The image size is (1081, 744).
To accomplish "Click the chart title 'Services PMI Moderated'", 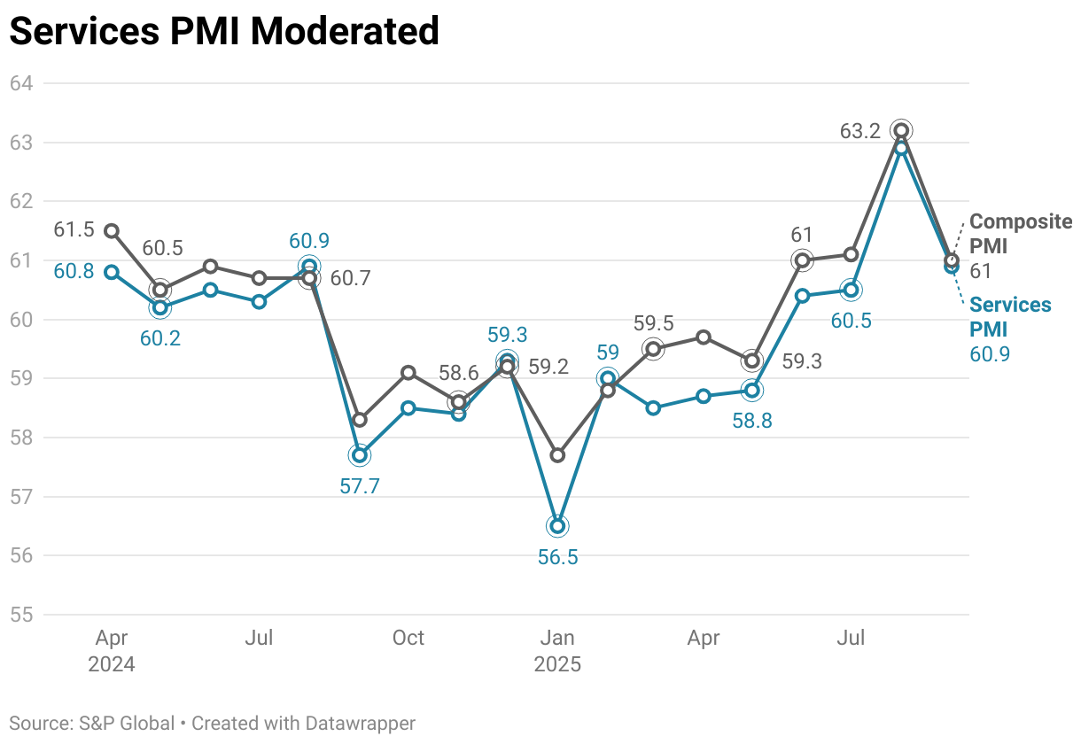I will pyautogui.click(x=224, y=31).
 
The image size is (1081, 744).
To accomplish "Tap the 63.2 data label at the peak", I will pyautogui.click(x=860, y=131).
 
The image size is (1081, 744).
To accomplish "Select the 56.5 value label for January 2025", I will pyautogui.click(x=557, y=557).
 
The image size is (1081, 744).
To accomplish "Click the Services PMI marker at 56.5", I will pyautogui.click(x=557, y=526).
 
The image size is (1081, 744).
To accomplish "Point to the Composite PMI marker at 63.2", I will pyautogui.click(x=901, y=131).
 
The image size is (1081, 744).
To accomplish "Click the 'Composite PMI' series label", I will pyautogui.click(x=1020, y=233).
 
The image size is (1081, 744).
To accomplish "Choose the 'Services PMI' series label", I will pyautogui.click(x=1010, y=316).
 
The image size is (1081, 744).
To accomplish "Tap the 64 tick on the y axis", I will pyautogui.click(x=21, y=83).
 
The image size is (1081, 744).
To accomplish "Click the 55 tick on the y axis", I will pyautogui.click(x=21, y=615).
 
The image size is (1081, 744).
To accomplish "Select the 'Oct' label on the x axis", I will pyautogui.click(x=408, y=638).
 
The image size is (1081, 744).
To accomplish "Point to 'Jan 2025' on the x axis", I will pyautogui.click(x=557, y=650).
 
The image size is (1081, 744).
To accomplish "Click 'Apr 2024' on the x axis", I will pyautogui.click(x=112, y=650).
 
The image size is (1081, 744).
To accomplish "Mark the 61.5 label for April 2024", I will pyautogui.click(x=74, y=230).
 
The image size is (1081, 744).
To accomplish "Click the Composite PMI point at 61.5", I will pyautogui.click(x=112, y=231).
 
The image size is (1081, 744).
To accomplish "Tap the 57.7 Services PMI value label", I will pyautogui.click(x=360, y=486).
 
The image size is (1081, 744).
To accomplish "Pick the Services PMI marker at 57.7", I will pyautogui.click(x=359, y=455).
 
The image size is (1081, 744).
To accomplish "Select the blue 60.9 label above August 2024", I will pyautogui.click(x=309, y=240).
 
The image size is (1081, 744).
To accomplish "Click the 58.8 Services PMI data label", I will pyautogui.click(x=752, y=422).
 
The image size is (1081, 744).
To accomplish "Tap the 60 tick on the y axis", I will pyautogui.click(x=21, y=320).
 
